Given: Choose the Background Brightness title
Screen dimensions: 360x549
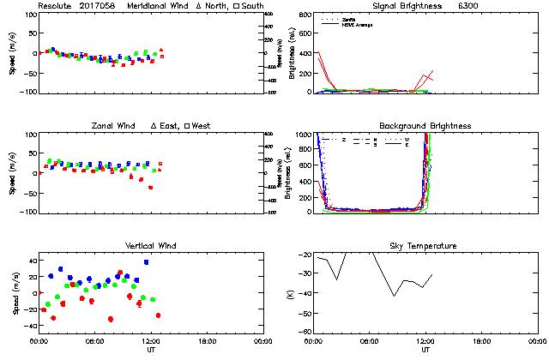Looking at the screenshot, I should (x=425, y=126).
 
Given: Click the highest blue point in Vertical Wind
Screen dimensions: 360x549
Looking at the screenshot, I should (x=146, y=262).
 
